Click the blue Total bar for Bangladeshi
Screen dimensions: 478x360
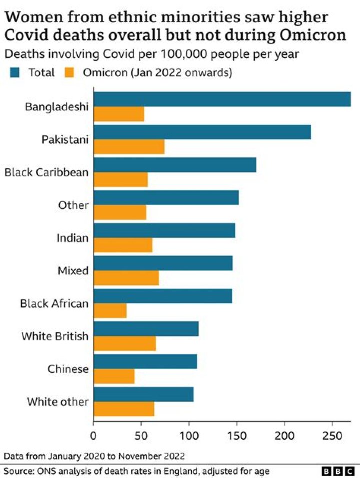(x=222, y=100)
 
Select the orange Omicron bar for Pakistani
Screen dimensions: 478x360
(x=129, y=147)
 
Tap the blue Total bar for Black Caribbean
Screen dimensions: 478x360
(x=175, y=165)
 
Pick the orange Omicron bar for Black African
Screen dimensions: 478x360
(x=110, y=311)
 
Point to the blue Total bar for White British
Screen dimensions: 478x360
(x=146, y=329)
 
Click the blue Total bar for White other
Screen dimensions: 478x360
(x=143, y=394)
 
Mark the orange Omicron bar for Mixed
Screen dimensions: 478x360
(x=126, y=278)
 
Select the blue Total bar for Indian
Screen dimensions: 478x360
(x=164, y=230)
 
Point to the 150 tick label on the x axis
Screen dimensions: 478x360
(x=236, y=435)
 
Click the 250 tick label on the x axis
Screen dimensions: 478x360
(x=331, y=435)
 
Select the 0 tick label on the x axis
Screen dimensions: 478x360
(x=93, y=435)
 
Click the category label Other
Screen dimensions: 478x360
(x=73, y=205)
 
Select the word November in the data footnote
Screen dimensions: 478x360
(x=141, y=456)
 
